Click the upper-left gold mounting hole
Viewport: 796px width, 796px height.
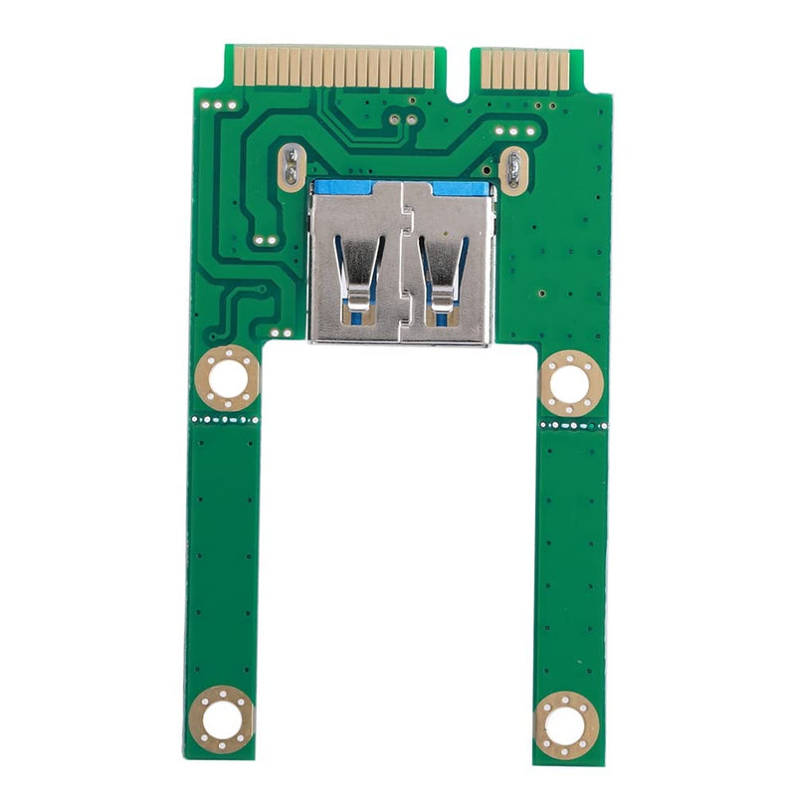tap(228, 379)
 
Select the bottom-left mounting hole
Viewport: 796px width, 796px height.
tap(221, 716)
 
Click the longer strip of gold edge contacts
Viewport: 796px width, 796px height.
tap(332, 67)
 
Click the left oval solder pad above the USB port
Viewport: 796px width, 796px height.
tap(291, 166)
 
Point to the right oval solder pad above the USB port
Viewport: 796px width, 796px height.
tap(512, 169)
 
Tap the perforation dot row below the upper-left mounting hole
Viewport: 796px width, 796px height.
tap(227, 420)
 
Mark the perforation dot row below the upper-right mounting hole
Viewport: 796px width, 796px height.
tap(571, 425)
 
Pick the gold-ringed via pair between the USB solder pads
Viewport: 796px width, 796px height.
tap(402, 119)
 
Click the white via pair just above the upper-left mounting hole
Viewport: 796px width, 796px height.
tap(279, 332)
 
